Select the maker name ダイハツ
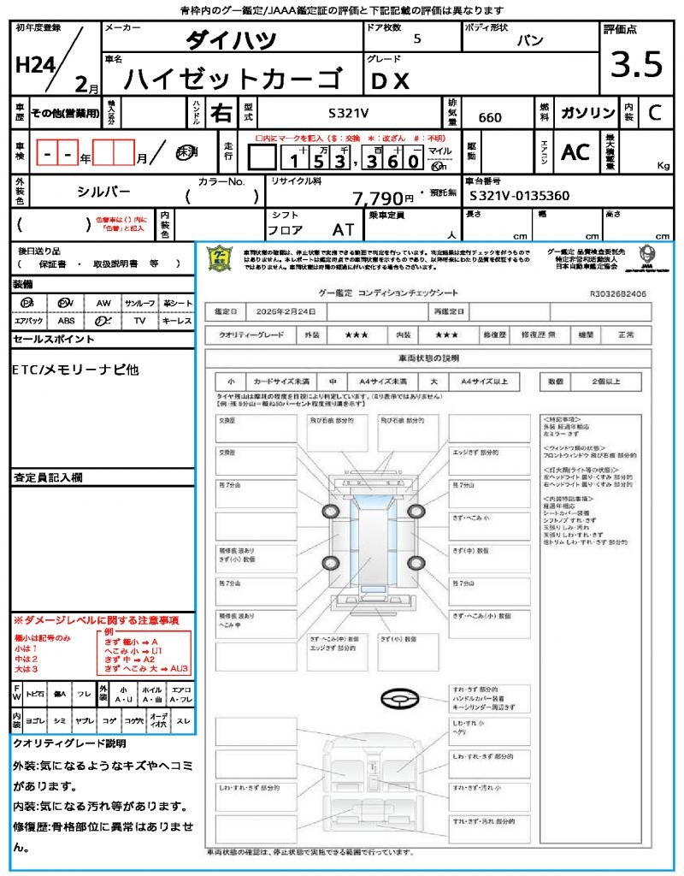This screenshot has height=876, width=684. point(231,39)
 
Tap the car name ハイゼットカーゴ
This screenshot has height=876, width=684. point(231,79)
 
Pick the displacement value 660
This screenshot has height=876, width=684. point(490,117)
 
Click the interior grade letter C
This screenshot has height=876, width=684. point(654,112)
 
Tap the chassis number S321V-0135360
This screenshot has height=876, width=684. point(520,196)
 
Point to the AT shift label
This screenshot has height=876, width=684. point(344,230)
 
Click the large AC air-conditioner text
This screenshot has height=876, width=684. point(575,152)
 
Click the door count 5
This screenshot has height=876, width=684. point(416,39)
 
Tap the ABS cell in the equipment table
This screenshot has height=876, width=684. point(66,321)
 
